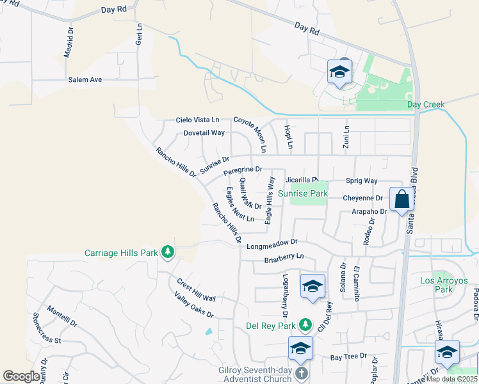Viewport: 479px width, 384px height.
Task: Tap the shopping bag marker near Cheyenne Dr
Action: pos(402,199)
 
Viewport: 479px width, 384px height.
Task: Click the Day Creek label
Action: pos(425,104)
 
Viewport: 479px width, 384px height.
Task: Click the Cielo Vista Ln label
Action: pos(198,120)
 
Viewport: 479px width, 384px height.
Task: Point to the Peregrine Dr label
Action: pos(243,170)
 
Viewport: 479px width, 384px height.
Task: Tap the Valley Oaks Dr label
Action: pos(193,305)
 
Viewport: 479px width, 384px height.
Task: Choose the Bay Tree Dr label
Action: pos(348,356)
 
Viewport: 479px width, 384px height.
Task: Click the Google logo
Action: pos(21,376)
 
